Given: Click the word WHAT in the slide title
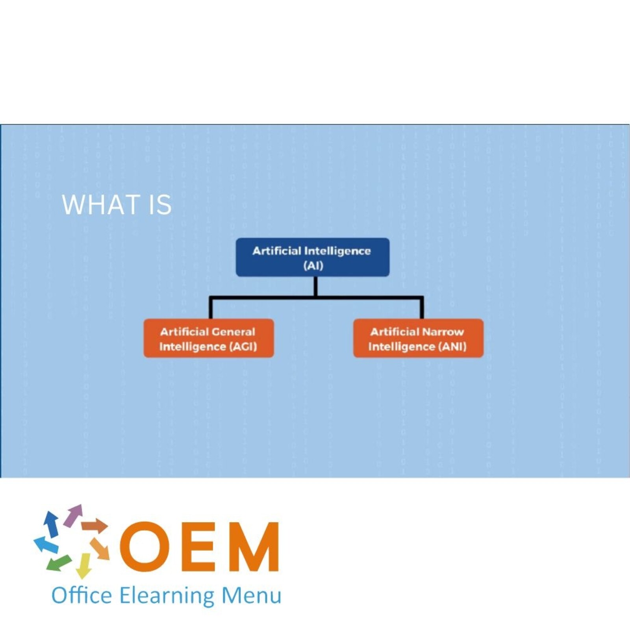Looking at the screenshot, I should point(101,205).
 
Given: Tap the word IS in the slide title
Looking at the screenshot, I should point(160,205).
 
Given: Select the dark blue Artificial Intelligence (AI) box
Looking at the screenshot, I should point(313,257).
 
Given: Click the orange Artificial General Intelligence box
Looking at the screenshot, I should point(208,339).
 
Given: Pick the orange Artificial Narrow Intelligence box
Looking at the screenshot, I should point(418,339).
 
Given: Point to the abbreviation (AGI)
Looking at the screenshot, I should point(243,346).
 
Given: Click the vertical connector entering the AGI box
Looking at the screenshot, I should point(211,308).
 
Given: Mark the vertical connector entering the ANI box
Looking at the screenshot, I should point(422,308).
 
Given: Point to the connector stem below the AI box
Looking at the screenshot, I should point(315,286).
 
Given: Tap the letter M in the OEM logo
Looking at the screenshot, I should point(252,547).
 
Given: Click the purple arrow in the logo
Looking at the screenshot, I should point(73,515).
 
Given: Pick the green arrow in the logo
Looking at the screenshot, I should point(59,563).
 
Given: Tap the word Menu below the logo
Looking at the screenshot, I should point(251,595).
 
